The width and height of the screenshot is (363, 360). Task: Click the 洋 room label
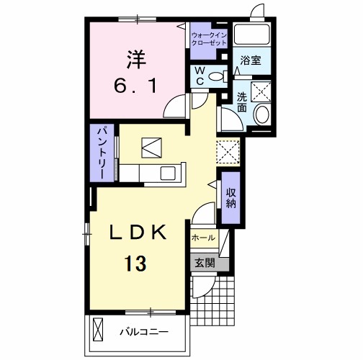[x=136, y=59]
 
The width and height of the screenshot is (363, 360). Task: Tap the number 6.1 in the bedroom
[x=135, y=86]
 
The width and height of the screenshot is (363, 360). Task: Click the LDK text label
[x=138, y=233]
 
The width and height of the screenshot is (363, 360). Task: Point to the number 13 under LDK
[x=135, y=264]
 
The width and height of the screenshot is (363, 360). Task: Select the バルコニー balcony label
[x=144, y=332]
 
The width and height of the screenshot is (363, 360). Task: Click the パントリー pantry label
[x=102, y=153]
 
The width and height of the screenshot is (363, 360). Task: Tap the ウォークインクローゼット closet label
[x=209, y=39]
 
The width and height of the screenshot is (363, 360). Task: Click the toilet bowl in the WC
[x=218, y=76]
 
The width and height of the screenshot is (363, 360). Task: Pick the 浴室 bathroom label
[x=251, y=60]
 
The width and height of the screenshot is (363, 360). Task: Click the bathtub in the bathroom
[x=252, y=34]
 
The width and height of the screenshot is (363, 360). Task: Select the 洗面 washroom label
[x=242, y=102]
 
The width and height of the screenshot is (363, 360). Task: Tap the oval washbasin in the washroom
[x=261, y=114]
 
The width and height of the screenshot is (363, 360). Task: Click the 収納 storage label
[x=230, y=198]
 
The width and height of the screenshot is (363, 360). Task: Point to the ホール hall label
[x=203, y=238]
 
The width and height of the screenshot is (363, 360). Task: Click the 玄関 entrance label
[x=205, y=264]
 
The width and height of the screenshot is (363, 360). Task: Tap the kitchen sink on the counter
[x=168, y=173]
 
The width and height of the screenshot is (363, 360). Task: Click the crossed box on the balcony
[x=98, y=329]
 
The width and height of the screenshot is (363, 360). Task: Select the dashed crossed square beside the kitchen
[x=228, y=151]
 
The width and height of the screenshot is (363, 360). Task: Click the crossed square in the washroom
[x=261, y=91]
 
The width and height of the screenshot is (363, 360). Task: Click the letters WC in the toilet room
[x=200, y=76]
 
